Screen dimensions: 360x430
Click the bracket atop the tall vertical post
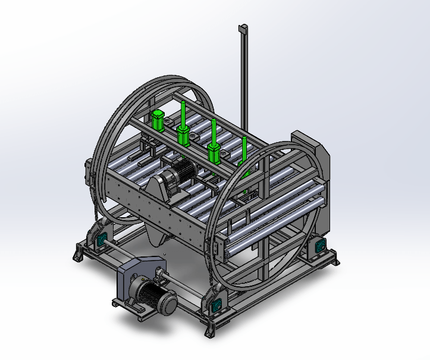pos(243,29)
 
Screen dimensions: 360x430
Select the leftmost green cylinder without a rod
pos(158,120)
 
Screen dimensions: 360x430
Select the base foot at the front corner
pos(208,330)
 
